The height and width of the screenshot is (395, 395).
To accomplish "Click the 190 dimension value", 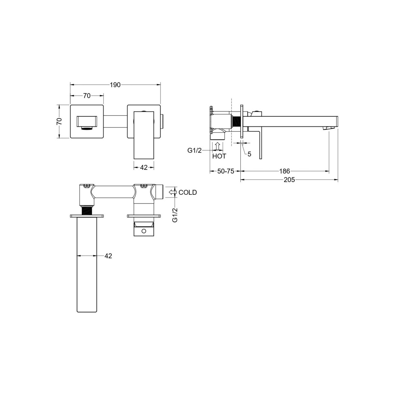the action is point(115,85).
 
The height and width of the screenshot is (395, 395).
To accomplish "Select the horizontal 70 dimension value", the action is point(87,96).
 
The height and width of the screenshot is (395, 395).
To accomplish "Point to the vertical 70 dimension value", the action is point(59,122).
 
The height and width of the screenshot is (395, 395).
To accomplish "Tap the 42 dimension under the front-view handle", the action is point(143,167).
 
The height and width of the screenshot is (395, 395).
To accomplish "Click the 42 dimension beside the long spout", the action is point(108,256).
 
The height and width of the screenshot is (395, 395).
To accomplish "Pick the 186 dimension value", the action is point(285,171).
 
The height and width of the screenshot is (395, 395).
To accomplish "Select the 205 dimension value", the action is point(289,180).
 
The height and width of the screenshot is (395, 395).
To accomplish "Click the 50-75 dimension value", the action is point(226,171).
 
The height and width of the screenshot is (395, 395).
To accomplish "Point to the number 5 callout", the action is point(249,154).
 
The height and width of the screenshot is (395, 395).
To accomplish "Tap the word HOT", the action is point(219,156).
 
